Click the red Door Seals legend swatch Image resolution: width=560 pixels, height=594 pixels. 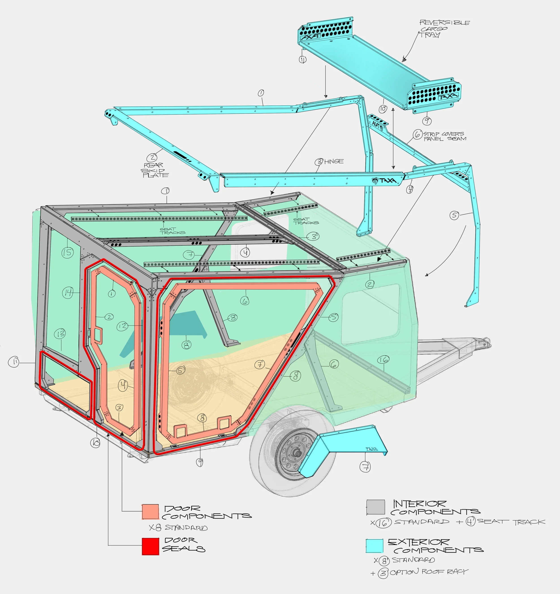coord(150,546)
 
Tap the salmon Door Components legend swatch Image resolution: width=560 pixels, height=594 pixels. coord(150,512)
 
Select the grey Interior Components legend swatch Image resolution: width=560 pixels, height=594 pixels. coord(376,507)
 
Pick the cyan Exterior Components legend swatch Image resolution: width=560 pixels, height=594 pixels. coord(375,546)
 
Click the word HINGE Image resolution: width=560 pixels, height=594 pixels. coord(334,162)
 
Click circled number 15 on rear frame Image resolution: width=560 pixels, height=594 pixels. coord(67,252)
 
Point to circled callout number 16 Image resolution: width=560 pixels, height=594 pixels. coord(383,360)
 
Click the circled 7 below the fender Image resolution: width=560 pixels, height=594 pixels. coord(366,467)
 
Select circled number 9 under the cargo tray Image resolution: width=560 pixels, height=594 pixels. coord(427,121)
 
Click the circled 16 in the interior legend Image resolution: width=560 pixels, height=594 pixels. coord(383,522)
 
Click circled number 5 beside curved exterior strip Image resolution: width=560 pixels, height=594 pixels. coord(454,215)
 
